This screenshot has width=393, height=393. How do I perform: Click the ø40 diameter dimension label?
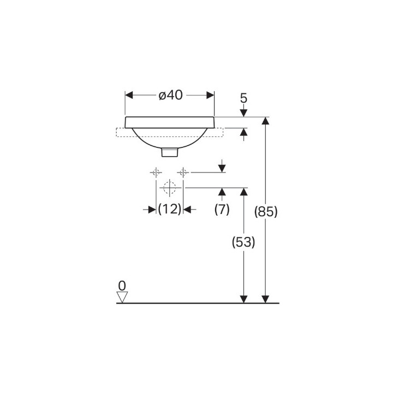(x=171, y=95)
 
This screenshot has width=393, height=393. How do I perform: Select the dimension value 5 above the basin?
(x=243, y=98)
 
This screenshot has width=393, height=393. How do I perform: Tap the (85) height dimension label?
(x=266, y=212)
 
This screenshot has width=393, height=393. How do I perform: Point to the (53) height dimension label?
(x=243, y=242)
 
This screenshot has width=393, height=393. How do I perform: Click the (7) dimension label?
(x=222, y=209)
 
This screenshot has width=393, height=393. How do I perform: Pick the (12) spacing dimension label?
(x=170, y=209)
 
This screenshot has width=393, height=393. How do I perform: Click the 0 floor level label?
(x=122, y=285)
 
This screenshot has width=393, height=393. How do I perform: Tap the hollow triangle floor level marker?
(x=122, y=297)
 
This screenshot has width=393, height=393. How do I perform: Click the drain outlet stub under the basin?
(x=170, y=152)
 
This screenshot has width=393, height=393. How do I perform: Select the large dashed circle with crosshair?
(x=170, y=187)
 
